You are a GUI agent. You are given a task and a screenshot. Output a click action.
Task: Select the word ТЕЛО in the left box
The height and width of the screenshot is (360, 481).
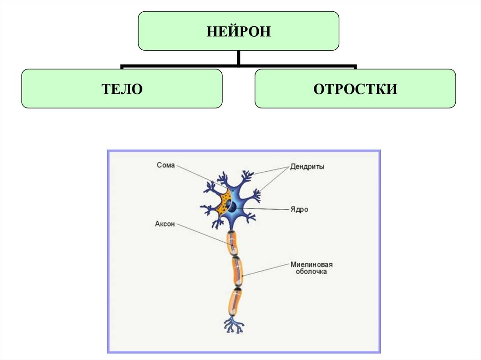tap(122, 89)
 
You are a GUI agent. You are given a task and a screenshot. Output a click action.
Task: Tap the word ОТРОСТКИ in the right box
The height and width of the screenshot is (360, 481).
tap(355, 89)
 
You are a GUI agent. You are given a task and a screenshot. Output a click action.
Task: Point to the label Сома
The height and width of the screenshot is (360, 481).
tap(166, 165)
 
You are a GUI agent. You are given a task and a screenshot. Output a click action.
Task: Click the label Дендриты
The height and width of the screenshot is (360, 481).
tap(307, 167)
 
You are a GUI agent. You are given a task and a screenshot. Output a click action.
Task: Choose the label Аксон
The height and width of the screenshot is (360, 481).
tap(165, 224)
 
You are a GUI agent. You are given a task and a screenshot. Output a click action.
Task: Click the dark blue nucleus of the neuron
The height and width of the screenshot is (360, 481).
tap(232, 206)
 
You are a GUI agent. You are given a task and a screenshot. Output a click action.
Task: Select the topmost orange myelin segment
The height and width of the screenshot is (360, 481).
tap(233, 242)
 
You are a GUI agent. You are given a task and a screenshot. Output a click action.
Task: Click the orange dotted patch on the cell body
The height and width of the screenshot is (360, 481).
tap(222, 202)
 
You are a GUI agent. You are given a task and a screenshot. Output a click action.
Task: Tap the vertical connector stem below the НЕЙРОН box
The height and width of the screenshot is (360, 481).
tap(239, 58)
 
